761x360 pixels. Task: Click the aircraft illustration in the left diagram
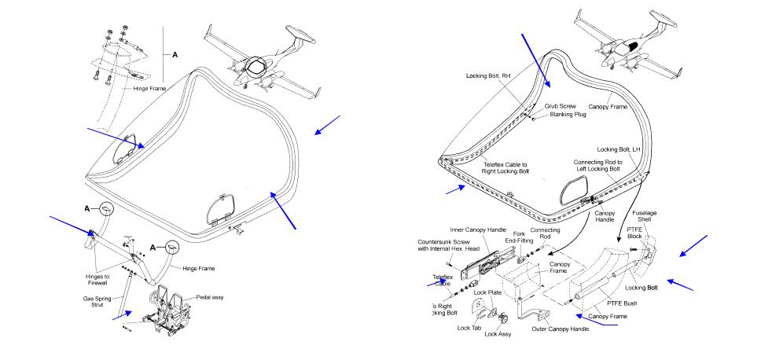tap(260, 64)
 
